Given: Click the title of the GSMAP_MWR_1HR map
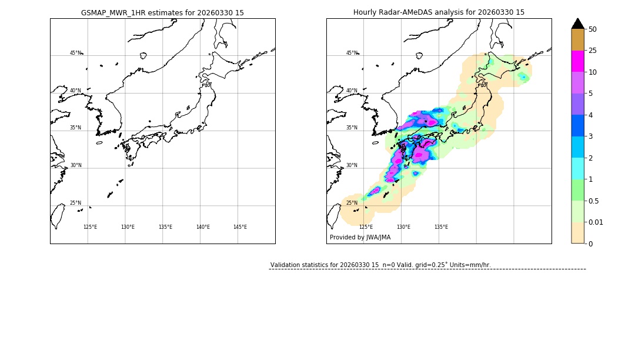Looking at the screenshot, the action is point(162,12).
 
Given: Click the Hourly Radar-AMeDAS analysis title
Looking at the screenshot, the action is point(439,12).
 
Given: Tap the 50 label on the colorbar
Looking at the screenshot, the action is point(593,29).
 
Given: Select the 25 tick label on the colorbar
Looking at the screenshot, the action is point(593,51).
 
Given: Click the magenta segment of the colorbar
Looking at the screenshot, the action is point(577,61).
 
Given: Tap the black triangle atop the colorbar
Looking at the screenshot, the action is point(577,24).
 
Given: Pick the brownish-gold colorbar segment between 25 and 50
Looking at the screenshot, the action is point(577,40).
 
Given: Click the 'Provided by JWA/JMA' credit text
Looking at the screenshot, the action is point(360,238).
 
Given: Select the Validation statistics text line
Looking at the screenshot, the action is point(380,265).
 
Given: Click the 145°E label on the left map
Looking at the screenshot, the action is point(240,227).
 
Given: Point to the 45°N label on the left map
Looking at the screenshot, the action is point(76,53).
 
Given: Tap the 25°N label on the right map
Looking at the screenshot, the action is point(352,203).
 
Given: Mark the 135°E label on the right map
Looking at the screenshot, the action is point(441,227).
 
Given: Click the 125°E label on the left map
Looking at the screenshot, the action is point(90,227).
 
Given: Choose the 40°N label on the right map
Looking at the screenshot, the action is point(352,91).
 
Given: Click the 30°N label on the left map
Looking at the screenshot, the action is point(76,165).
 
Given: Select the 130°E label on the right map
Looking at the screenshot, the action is point(403,227).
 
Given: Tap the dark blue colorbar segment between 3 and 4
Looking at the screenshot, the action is point(577,126).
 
